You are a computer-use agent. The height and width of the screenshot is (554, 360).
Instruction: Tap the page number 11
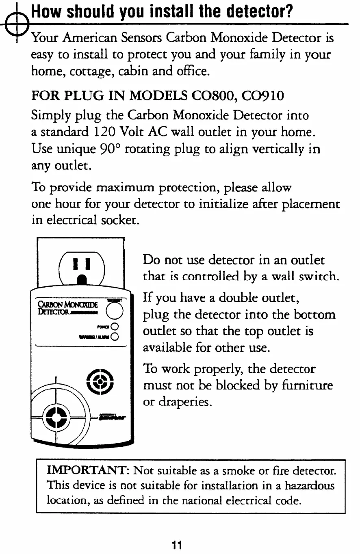[x=176, y=545]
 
